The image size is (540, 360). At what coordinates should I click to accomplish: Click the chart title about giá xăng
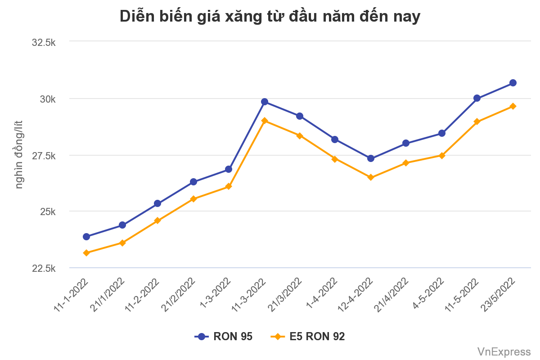click(x=270, y=17)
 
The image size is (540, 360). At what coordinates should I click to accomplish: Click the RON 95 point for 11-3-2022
click(x=265, y=102)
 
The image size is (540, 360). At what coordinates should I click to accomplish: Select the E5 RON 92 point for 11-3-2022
click(x=265, y=121)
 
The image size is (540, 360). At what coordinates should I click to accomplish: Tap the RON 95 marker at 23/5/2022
click(x=513, y=83)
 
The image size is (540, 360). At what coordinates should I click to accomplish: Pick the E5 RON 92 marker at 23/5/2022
click(x=513, y=106)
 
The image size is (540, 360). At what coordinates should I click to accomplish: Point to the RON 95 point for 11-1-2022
click(x=86, y=237)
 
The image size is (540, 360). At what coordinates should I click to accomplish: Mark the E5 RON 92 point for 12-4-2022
click(x=371, y=177)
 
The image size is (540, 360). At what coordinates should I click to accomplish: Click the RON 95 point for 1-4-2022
click(x=335, y=139)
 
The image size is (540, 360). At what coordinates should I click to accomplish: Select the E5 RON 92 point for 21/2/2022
click(x=193, y=198)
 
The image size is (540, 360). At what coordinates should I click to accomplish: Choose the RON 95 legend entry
click(x=224, y=336)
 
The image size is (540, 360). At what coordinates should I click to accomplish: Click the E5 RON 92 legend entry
click(x=307, y=336)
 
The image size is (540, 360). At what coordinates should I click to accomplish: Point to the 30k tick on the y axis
click(x=47, y=99)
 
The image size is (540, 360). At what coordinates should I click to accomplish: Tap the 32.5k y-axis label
click(x=44, y=42)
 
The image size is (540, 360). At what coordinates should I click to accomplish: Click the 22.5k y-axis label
click(x=44, y=268)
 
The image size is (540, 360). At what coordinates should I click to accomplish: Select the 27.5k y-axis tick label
click(x=44, y=156)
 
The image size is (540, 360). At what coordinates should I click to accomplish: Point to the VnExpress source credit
click(x=504, y=351)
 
